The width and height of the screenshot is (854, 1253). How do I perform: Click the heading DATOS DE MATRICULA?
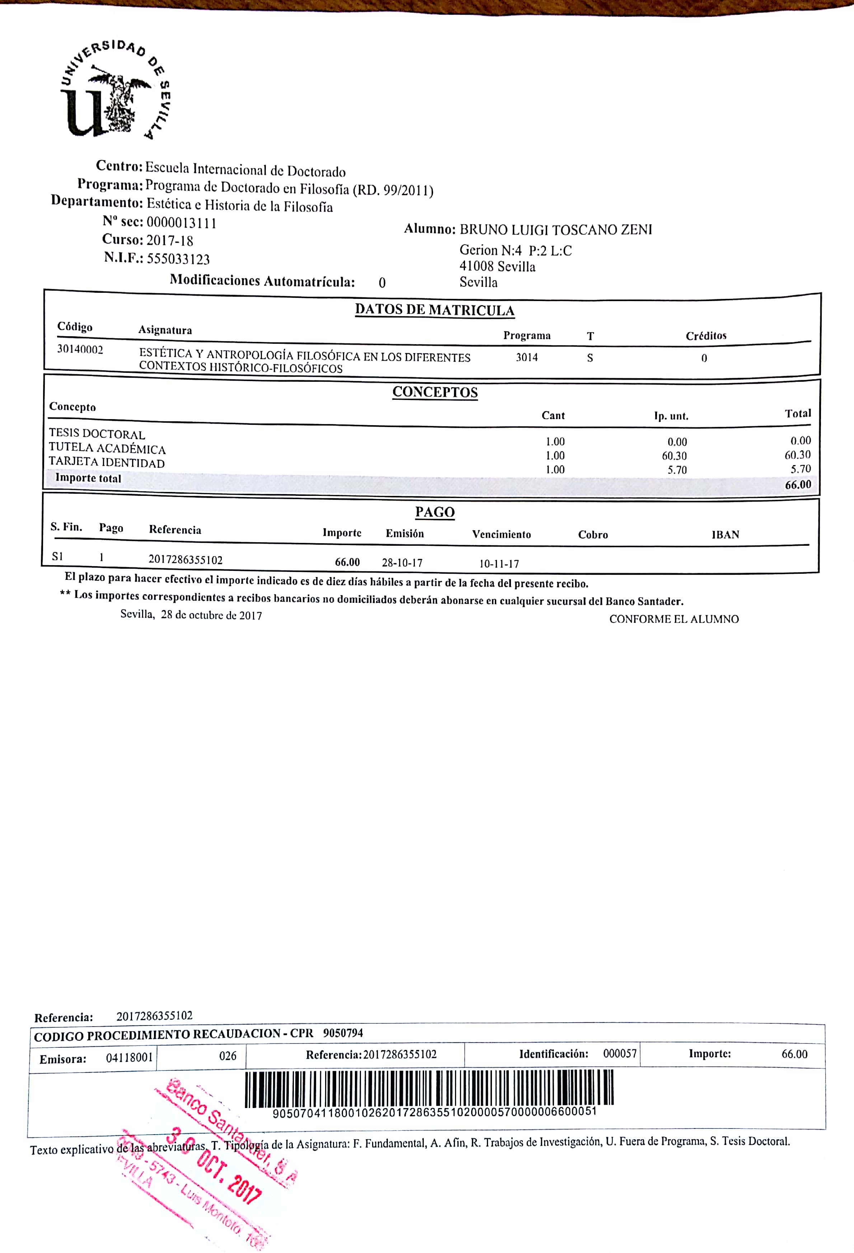click(x=435, y=310)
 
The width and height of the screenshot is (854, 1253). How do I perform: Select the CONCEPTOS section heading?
click(x=435, y=392)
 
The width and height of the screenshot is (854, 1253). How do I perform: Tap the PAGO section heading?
click(x=435, y=512)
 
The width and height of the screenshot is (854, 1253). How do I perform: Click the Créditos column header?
click(x=706, y=336)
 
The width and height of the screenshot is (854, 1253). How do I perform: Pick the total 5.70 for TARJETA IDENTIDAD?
click(x=800, y=469)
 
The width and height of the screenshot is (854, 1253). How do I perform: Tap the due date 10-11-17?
click(x=499, y=564)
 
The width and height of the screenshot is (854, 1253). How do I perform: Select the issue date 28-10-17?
click(x=402, y=563)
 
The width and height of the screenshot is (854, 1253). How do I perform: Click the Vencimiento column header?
click(x=501, y=534)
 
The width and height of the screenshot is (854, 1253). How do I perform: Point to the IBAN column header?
click(x=725, y=535)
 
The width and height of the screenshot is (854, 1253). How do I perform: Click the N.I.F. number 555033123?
click(x=178, y=259)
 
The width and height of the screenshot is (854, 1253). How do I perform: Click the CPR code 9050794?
click(x=343, y=1033)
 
